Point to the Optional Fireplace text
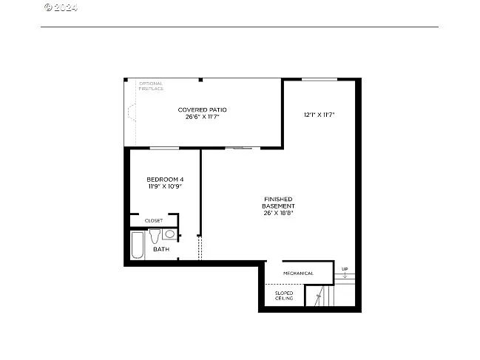(150, 86)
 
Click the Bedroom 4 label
(165, 180)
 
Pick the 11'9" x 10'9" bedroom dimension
(165, 186)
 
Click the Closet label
(154, 220)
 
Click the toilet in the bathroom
(155, 236)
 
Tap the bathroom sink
(169, 234)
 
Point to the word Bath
(161, 249)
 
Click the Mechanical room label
(298, 273)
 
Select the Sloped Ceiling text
(285, 296)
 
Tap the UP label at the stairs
(345, 268)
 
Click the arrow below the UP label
(345, 275)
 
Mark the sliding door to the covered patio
(239, 149)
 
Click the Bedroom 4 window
(164, 149)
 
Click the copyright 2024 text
(61, 7)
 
